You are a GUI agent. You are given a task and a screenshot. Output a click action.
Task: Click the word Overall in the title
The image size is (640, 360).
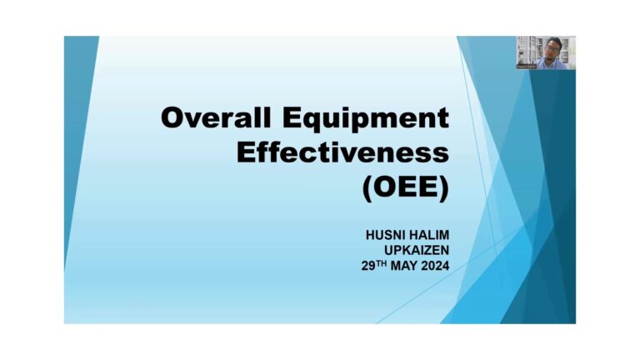click(x=216, y=117)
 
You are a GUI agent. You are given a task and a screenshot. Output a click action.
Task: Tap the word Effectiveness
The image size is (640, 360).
click(x=342, y=152)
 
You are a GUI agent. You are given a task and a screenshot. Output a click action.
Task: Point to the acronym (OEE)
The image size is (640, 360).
click(x=406, y=187)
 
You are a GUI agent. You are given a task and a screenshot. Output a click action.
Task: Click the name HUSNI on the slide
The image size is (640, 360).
click(x=385, y=235)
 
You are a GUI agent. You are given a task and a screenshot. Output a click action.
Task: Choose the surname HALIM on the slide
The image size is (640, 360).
click(x=428, y=235)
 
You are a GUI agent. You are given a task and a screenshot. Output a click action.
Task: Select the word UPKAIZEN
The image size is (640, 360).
click(x=417, y=250)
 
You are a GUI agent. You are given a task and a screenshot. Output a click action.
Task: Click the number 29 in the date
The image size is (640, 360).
click(x=368, y=266)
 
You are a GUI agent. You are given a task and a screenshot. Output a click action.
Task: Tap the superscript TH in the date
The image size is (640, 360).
click(x=381, y=263)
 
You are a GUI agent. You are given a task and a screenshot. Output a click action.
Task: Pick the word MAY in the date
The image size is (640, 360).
click(x=404, y=266)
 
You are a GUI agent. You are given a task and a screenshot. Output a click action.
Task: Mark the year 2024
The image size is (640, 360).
click(x=436, y=266)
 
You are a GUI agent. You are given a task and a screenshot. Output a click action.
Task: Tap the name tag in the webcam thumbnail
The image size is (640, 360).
click(x=527, y=66)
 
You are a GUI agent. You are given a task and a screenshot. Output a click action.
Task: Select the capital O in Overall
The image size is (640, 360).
click(x=172, y=118)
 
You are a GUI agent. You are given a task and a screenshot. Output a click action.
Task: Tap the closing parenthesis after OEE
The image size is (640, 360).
click(x=444, y=188)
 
